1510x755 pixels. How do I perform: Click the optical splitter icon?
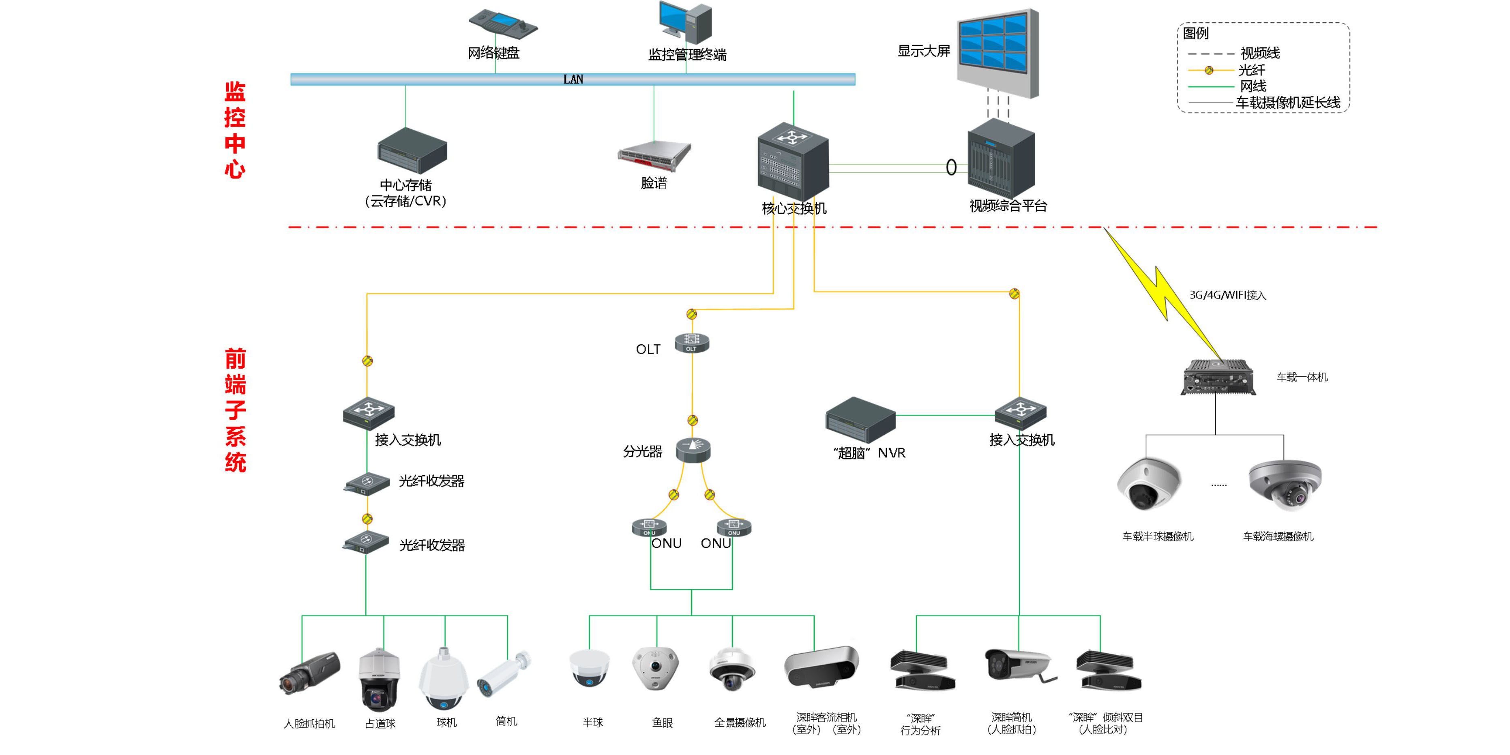tap(693, 450)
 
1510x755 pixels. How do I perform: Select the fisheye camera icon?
tap(655, 668)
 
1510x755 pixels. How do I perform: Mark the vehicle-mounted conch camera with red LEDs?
tap(1285, 484)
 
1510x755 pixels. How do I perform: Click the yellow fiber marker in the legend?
tap(1209, 70)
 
